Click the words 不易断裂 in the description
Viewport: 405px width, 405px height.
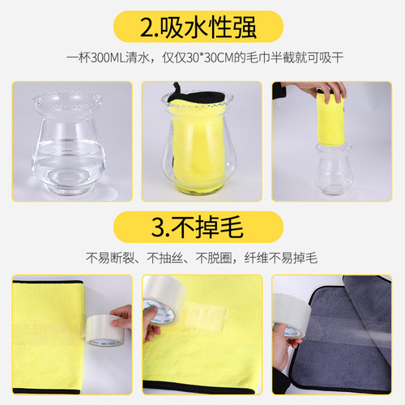(x=108, y=259)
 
